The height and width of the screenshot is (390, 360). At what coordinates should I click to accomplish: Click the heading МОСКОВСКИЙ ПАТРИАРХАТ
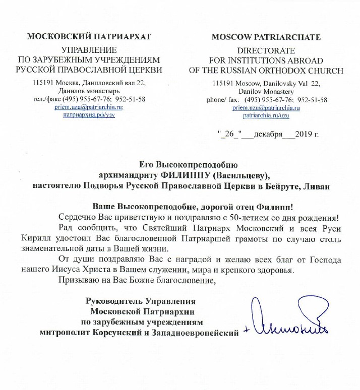coord(88,37)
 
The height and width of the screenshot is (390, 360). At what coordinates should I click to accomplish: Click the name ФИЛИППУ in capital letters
coord(184,175)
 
